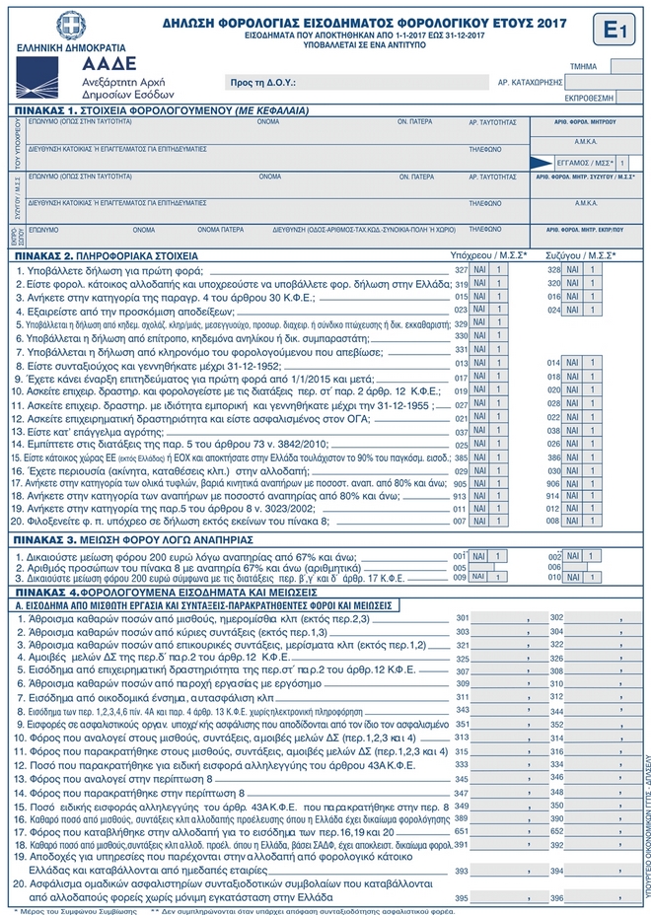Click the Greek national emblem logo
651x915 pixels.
coord(70,26)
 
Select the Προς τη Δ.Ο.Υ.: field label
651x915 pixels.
coord(261,84)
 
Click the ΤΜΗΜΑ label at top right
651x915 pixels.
coord(584,67)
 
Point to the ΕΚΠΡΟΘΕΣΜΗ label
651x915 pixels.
coord(589,98)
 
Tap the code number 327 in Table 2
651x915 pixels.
coord(461,269)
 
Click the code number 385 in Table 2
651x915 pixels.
coord(461,457)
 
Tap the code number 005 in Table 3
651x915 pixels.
coord(460,568)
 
